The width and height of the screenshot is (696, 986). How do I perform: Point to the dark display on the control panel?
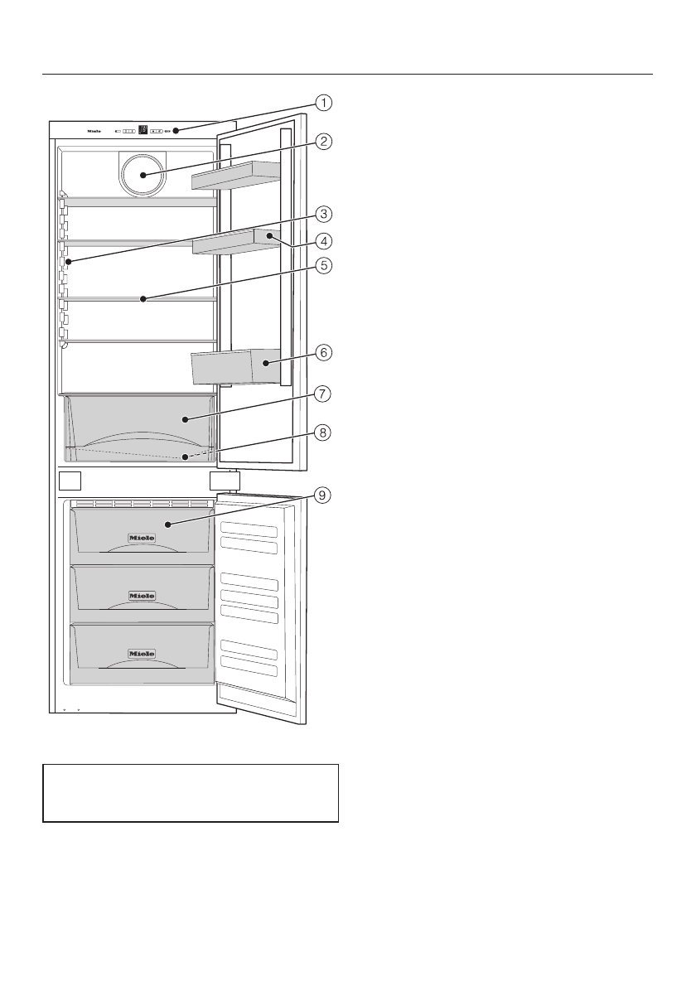143,130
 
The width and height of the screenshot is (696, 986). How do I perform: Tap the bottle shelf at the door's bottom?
233,366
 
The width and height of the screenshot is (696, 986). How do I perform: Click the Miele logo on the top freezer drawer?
141,538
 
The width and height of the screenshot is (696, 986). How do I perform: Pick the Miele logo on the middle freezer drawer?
141,595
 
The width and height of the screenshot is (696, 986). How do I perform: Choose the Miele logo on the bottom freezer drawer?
141,653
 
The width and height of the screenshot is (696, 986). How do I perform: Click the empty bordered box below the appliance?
191,793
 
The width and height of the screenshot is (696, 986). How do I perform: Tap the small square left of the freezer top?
70,481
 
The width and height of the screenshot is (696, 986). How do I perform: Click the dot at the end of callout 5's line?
143,298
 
